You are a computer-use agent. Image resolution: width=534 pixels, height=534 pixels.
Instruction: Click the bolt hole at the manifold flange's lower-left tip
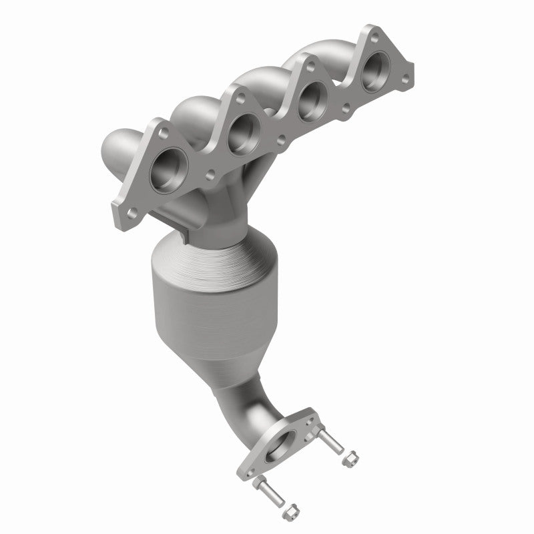131,213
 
